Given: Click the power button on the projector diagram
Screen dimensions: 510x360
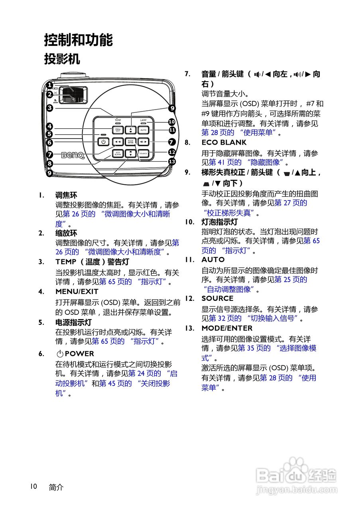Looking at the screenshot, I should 103,141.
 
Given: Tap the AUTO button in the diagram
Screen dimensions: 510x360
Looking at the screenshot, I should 144,130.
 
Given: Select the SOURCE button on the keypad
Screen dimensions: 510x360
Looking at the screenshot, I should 144,153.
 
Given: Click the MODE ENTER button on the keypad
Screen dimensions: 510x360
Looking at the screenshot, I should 130,141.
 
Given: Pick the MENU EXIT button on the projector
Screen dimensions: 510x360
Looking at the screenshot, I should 118,130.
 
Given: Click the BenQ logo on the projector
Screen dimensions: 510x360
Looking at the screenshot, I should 72,155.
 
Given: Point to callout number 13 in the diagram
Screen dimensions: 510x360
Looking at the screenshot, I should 171,161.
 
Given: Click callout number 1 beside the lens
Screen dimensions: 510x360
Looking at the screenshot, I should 49,85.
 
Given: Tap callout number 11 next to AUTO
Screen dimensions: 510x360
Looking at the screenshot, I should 172,130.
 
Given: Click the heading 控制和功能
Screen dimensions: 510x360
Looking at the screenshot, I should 78,40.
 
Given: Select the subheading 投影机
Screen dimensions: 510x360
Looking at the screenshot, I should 62,59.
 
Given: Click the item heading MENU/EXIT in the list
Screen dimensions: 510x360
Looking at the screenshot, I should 77,292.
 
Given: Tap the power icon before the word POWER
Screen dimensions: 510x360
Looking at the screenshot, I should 60,354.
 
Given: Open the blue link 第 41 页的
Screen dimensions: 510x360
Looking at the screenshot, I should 225,163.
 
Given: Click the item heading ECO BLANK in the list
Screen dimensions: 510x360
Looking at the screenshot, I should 224,142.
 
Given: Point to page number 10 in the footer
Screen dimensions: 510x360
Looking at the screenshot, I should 33,486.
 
